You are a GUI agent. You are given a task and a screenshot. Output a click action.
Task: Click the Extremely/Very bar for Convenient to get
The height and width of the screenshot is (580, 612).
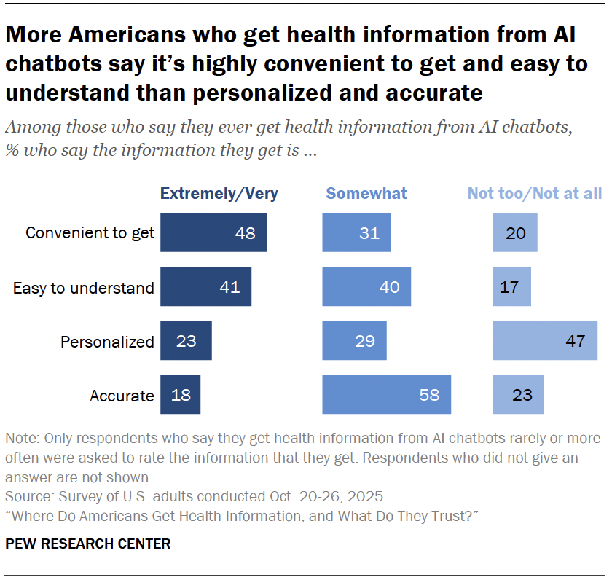coord(213,232)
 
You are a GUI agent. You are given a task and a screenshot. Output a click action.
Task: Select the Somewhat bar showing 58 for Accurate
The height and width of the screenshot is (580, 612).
coord(386,395)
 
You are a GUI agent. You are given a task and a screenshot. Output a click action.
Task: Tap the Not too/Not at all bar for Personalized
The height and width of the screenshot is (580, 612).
coord(545,341)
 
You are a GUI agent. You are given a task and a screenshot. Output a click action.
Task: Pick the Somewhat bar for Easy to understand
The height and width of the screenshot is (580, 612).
coord(366,287)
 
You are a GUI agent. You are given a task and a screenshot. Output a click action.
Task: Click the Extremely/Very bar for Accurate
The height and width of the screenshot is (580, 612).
coord(180,395)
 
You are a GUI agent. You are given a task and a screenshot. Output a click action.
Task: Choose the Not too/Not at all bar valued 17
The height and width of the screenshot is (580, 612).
coord(511,287)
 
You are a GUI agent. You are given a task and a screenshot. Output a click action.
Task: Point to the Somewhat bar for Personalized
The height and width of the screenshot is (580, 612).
coord(354,341)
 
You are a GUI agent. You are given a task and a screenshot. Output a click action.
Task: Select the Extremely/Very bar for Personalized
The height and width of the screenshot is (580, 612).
coord(186,341)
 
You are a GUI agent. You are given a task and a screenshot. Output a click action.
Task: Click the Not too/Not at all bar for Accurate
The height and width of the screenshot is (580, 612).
coord(518,395)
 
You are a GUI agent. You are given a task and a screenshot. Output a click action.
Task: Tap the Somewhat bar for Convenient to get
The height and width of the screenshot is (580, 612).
coord(356,232)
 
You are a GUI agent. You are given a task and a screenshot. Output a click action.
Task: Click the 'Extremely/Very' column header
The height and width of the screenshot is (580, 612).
coord(219,193)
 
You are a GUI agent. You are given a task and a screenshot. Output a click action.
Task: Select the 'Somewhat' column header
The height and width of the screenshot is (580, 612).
coord(366,193)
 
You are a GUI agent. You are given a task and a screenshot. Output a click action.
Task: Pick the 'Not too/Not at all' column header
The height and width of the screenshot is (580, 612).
coord(534,193)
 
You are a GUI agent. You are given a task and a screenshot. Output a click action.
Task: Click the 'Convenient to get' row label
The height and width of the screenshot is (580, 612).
coord(90,233)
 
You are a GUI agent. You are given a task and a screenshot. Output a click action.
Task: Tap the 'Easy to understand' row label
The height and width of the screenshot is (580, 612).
coord(84,288)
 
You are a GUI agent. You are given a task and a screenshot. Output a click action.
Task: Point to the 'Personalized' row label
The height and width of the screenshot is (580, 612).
coord(107,342)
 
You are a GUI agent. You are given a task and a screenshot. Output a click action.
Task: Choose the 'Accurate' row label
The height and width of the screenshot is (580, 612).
coord(122,396)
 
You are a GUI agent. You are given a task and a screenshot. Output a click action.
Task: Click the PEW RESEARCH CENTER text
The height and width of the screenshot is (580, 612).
coord(87,544)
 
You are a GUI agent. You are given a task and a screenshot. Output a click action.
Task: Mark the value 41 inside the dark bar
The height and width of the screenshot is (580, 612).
coord(230,287)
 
